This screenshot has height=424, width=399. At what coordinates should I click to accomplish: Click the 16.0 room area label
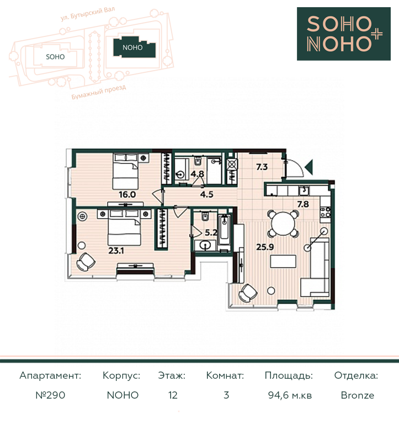click(127, 194)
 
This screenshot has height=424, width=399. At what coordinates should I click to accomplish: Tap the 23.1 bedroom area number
click(116, 251)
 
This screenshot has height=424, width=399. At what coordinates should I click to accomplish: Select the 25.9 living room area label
click(265, 247)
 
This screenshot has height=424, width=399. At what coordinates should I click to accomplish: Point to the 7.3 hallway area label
click(262, 167)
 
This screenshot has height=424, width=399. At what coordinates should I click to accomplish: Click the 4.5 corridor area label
click(207, 194)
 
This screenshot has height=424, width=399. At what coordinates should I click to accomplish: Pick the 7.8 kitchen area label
click(303, 204)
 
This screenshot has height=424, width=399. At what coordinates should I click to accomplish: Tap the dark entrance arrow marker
click(309, 167)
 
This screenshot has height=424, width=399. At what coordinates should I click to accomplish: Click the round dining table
click(283, 224)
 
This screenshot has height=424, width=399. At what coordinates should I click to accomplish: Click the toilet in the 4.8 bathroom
click(197, 161)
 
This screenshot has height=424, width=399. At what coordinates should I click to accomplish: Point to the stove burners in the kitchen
click(325, 212)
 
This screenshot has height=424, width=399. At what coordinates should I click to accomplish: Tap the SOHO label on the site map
click(55, 57)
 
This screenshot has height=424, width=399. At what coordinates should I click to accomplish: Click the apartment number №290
click(51, 395)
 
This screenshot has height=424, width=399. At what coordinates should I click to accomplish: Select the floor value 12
click(173, 395)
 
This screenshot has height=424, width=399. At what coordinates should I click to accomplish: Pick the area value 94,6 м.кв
click(290, 395)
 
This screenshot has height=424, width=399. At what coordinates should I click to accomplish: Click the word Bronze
click(358, 395)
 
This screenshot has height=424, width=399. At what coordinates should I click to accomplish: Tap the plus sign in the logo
click(377, 34)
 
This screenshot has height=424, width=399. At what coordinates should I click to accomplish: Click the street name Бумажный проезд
click(99, 92)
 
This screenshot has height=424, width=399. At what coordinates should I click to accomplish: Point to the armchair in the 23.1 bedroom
click(86, 262)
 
